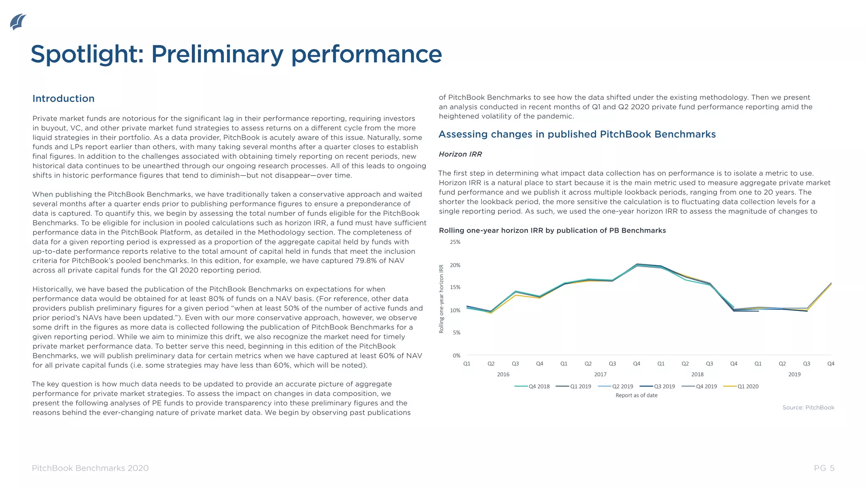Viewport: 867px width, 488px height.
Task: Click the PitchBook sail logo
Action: [x=18, y=22]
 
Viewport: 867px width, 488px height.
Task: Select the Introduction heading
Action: [x=64, y=99]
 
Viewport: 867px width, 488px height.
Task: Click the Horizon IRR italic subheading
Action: [x=460, y=154]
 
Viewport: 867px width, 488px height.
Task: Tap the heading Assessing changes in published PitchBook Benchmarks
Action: [x=577, y=134]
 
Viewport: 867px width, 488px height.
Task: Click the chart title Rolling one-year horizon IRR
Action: [x=552, y=230]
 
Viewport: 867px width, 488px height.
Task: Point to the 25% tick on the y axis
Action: [x=455, y=242]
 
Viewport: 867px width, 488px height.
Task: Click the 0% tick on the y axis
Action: [x=456, y=355]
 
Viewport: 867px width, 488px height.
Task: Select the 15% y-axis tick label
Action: [x=455, y=288]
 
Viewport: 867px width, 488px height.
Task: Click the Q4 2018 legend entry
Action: [x=533, y=386]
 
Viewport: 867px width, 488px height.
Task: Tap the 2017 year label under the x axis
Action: [x=600, y=374]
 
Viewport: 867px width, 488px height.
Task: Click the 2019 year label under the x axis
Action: [x=794, y=374]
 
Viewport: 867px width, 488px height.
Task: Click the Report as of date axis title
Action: [x=636, y=395]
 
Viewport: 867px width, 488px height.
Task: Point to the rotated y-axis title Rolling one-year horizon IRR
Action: [x=441, y=299]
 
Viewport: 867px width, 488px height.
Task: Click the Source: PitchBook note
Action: [x=808, y=408]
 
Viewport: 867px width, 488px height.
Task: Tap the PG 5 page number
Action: [x=824, y=468]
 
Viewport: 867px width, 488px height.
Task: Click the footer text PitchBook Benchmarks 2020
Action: [x=90, y=468]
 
